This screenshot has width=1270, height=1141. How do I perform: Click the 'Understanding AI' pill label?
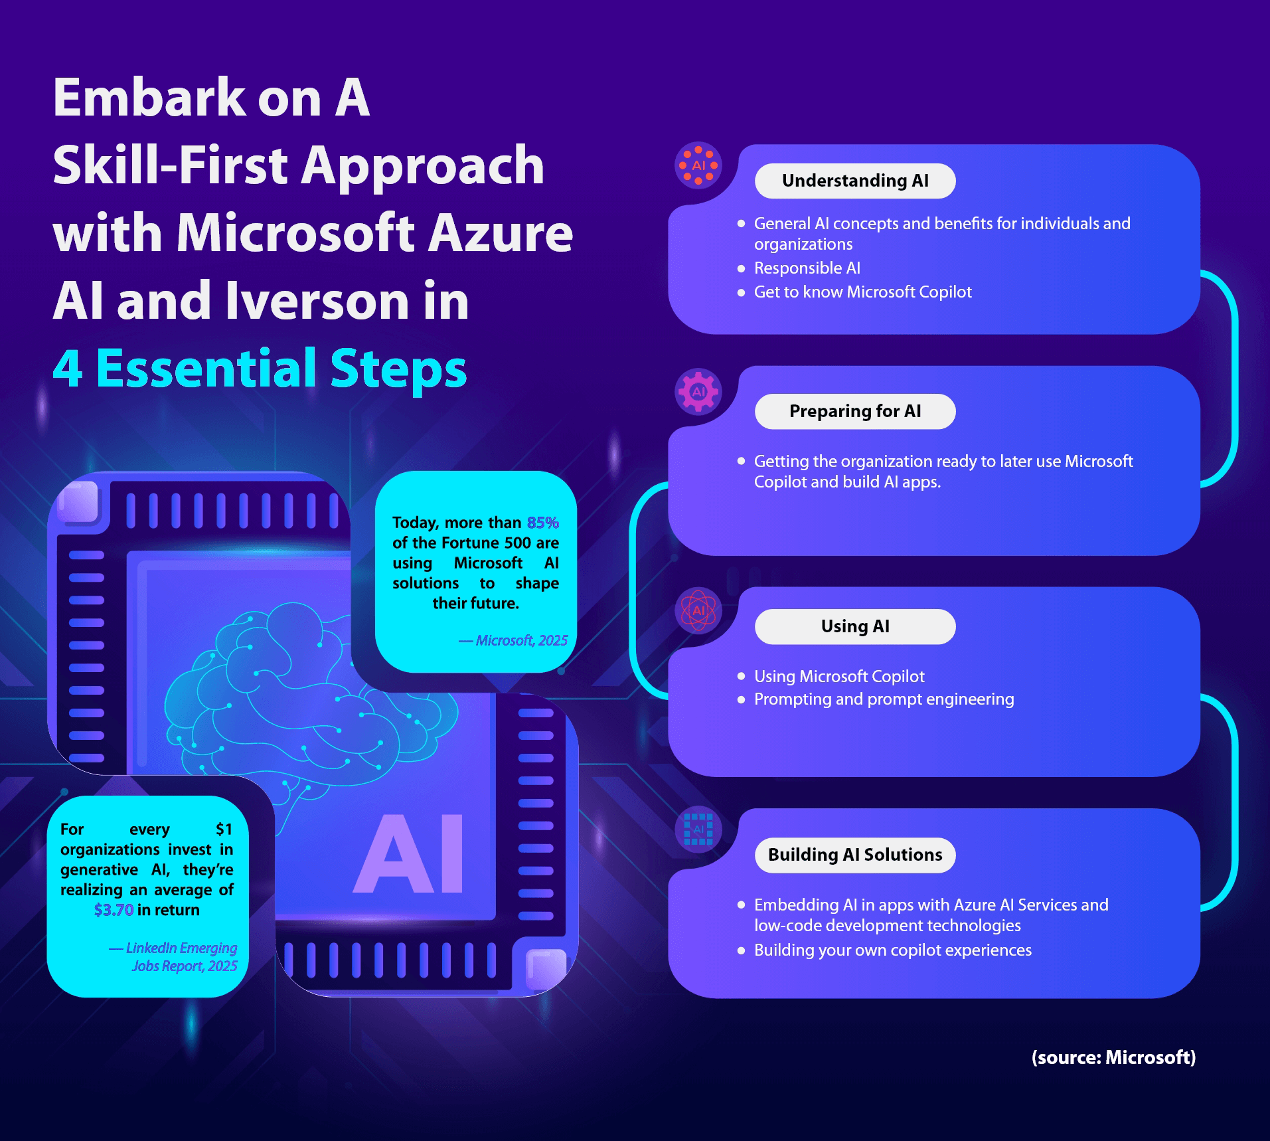tap(854, 181)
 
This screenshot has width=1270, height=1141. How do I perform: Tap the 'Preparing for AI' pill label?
tap(854, 411)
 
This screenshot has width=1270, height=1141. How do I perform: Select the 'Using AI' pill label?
tap(854, 626)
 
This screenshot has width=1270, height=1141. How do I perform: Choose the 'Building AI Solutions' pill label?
tap(854, 855)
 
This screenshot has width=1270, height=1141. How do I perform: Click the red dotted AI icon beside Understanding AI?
tap(698, 165)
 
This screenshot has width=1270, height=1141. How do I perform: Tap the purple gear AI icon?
tap(698, 391)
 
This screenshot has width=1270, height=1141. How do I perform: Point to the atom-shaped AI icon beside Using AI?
tap(698, 610)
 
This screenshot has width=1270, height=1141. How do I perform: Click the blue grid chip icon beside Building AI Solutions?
tap(698, 829)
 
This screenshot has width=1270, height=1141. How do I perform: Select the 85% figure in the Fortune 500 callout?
tap(542, 523)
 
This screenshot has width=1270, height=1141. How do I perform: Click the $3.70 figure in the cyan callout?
tap(114, 910)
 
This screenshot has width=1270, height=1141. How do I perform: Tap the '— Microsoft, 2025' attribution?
tap(513, 640)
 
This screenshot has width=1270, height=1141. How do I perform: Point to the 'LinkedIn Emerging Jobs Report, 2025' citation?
tap(174, 957)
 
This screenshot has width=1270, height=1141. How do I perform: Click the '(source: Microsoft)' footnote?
tap(1113, 1057)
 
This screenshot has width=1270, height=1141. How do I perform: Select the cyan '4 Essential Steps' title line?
tap(260, 369)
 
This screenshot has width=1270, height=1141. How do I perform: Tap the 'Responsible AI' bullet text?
tap(807, 268)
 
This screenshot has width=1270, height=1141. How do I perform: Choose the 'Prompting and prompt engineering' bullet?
tap(884, 699)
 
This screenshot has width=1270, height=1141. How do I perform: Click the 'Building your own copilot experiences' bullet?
tap(892, 950)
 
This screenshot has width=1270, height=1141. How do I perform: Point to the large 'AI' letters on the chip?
tap(409, 854)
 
